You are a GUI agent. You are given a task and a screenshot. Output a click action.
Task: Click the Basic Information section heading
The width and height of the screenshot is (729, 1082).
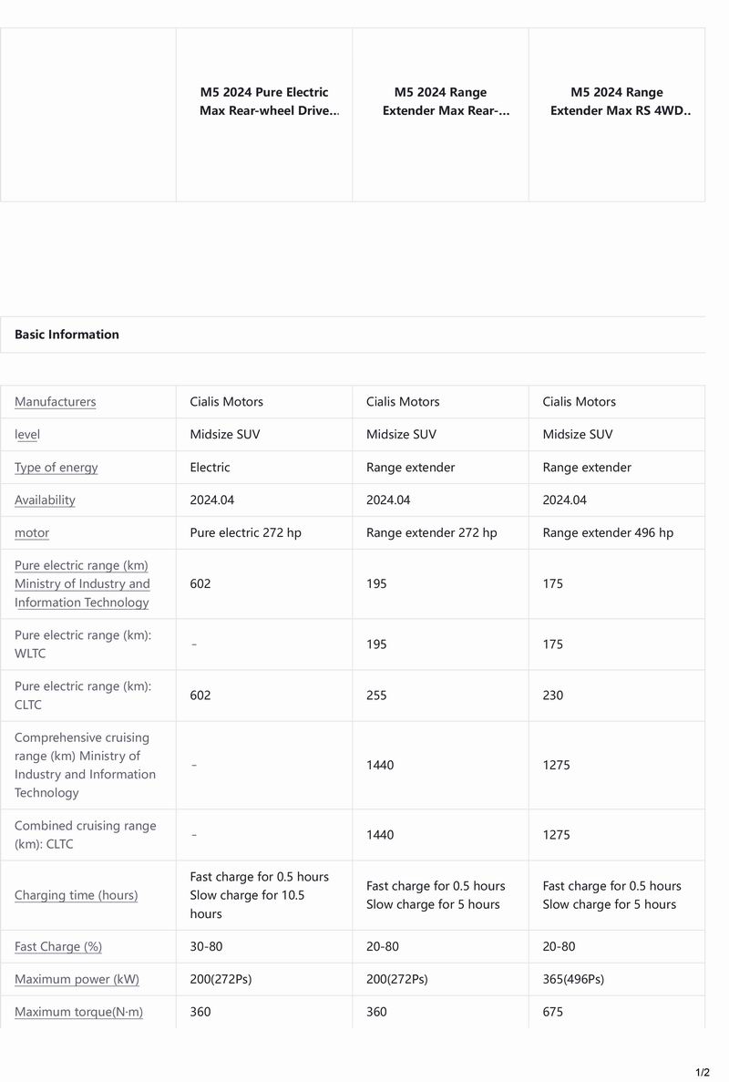click(67, 335)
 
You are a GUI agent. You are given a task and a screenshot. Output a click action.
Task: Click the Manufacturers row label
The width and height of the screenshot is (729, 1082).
click(55, 402)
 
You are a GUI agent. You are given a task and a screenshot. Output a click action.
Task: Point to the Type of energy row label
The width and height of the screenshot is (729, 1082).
click(56, 468)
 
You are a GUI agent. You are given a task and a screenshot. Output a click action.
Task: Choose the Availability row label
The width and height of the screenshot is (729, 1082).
click(45, 500)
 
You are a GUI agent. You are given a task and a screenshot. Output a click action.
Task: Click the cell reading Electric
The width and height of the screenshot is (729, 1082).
click(210, 468)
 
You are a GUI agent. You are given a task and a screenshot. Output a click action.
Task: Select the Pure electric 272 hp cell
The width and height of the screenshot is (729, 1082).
click(245, 533)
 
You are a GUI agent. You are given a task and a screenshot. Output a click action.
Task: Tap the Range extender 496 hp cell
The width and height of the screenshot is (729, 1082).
click(608, 533)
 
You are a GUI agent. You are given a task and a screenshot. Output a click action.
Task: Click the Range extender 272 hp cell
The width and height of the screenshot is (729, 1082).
click(431, 533)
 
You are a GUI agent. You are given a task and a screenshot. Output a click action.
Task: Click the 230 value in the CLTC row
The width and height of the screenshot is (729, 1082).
click(552, 696)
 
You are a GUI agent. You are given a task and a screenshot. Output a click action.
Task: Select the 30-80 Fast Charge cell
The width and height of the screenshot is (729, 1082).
click(206, 947)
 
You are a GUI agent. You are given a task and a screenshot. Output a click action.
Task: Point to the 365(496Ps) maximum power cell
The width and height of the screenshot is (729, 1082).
click(573, 980)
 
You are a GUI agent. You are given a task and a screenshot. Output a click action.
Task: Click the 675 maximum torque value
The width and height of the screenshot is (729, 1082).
click(552, 1013)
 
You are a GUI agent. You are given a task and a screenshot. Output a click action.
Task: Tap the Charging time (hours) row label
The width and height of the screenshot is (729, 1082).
click(76, 895)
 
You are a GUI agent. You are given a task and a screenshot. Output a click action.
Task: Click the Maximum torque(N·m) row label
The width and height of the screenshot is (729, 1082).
click(78, 1013)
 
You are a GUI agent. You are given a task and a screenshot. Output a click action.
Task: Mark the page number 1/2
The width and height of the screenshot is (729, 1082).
click(703, 1072)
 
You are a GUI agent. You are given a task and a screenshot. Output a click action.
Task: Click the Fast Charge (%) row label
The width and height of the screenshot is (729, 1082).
click(58, 947)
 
